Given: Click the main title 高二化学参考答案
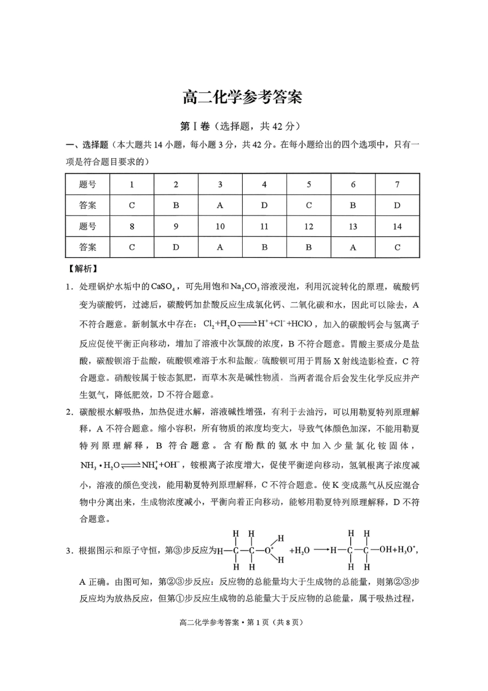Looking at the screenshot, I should (x=243, y=97).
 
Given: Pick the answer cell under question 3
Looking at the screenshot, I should (x=220, y=205).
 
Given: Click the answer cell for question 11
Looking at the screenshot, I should (x=264, y=247).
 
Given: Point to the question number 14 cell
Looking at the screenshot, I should (x=397, y=226).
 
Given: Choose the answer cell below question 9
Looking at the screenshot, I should (x=176, y=247).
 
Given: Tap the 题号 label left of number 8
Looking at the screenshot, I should (x=88, y=226).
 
